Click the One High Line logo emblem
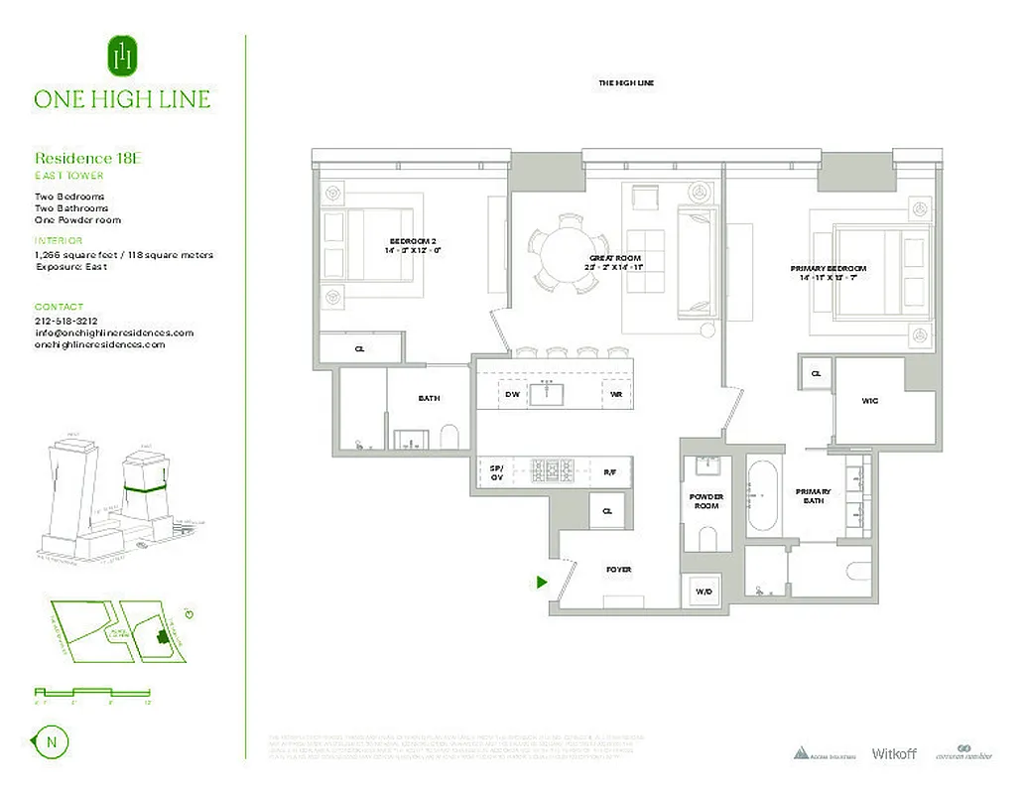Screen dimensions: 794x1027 [121, 57]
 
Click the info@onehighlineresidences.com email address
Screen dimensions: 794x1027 [113, 332]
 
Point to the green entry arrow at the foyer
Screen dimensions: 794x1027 [542, 583]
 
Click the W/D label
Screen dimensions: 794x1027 [704, 592]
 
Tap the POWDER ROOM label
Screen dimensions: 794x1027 [706, 501]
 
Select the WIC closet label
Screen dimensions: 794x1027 [869, 401]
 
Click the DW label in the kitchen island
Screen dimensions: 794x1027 [512, 394]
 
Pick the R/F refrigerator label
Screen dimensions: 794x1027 [609, 471]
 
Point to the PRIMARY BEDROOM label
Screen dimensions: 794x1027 [829, 269]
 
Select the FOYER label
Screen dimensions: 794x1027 [618, 570]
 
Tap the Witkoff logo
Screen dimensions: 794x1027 [893, 753]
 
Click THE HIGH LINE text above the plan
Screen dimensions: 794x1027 [626, 83]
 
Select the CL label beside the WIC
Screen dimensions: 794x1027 [817, 374]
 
